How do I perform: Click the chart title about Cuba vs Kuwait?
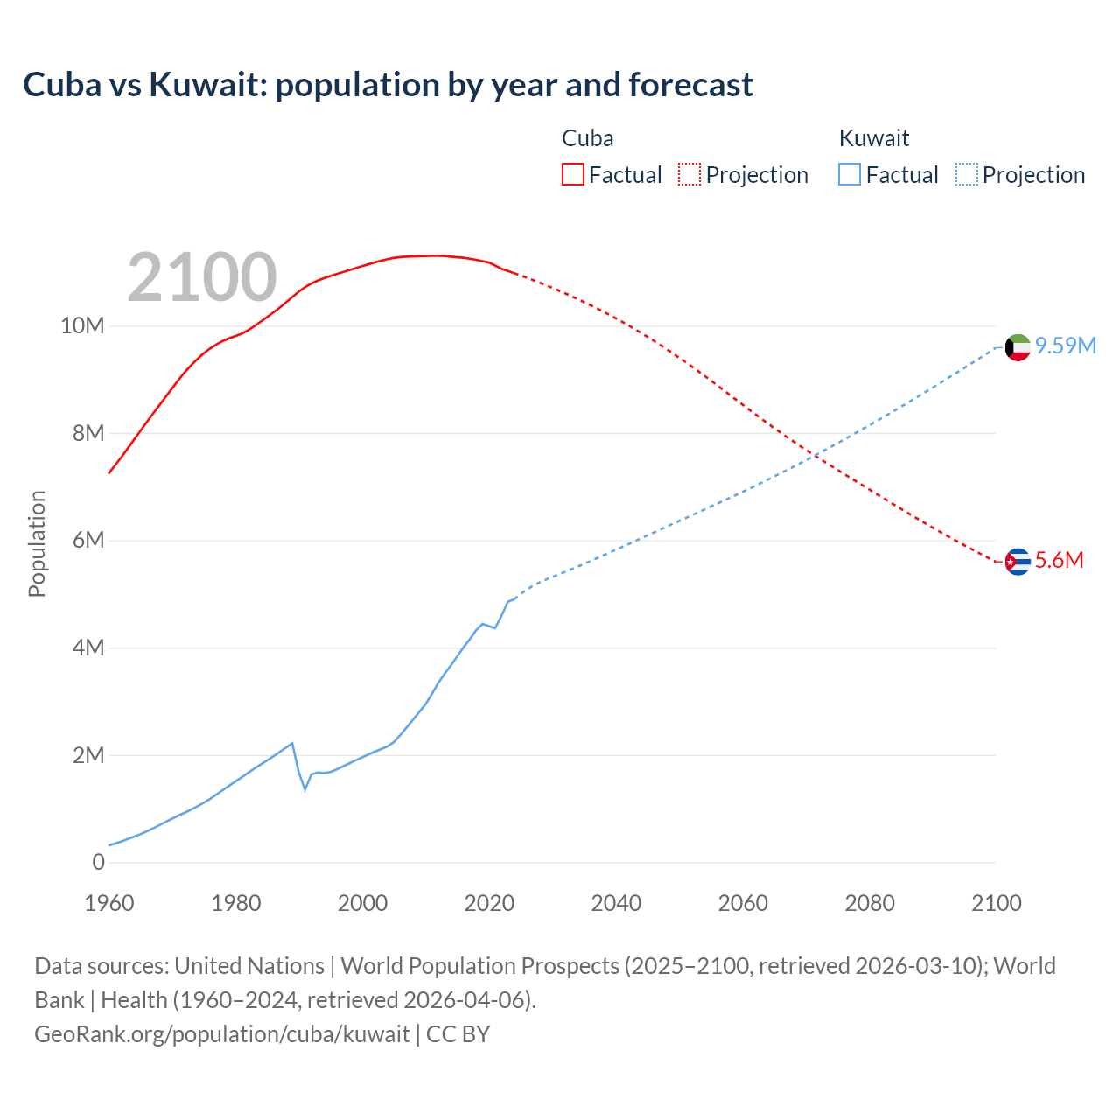tap(388, 85)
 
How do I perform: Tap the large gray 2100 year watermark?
tap(202, 277)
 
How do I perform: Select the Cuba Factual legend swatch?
tap(572, 174)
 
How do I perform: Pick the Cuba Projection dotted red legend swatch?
tap(689, 174)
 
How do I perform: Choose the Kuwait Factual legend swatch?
tap(850, 174)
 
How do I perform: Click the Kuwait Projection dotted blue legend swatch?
tap(967, 174)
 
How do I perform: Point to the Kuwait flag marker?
tap(1018, 347)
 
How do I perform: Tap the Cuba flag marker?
tap(1018, 561)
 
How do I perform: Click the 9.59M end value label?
tap(1066, 346)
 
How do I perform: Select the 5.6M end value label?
tap(1060, 560)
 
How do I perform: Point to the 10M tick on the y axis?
tap(82, 326)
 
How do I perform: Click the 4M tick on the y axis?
tap(88, 647)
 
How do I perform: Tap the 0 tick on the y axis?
tap(98, 862)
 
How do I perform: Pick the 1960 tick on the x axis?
tap(109, 903)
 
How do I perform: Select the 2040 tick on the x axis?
tap(616, 903)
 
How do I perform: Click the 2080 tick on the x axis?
tap(870, 903)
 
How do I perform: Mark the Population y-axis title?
tap(37, 543)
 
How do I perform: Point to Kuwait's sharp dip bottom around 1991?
tap(305, 789)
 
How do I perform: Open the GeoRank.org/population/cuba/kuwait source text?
tap(221, 1033)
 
